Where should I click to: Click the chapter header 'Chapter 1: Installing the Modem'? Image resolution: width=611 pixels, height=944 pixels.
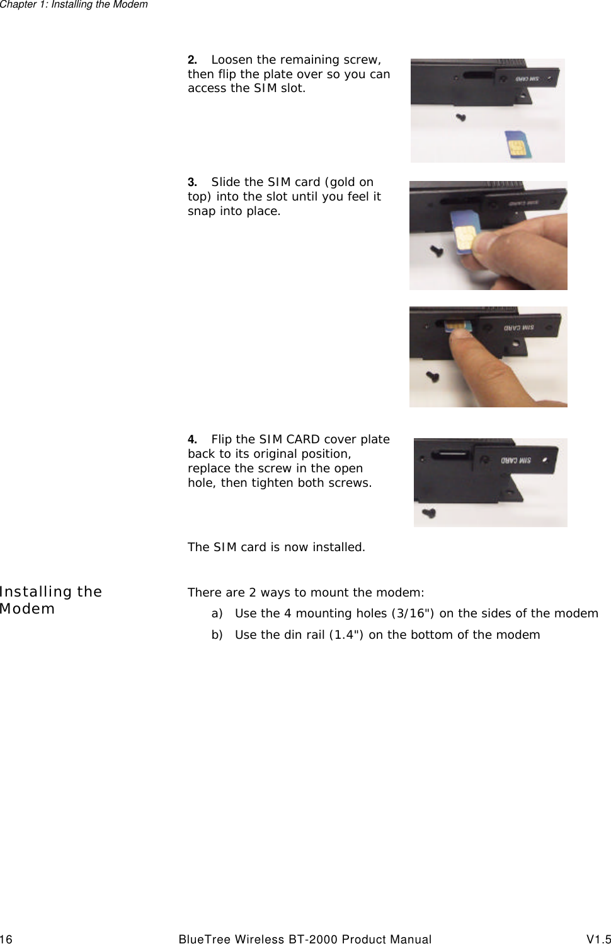(x=74, y=5)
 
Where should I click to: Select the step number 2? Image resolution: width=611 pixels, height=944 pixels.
(x=191, y=60)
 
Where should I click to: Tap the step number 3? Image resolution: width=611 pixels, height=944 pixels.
(x=191, y=182)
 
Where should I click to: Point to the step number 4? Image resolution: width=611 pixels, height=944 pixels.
(x=191, y=440)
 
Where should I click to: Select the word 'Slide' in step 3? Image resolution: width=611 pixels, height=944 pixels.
(x=226, y=182)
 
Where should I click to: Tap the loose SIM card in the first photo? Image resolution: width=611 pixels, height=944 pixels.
(x=517, y=144)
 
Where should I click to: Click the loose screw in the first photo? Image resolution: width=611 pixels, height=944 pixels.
(x=461, y=117)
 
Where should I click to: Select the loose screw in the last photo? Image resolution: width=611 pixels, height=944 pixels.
(x=430, y=513)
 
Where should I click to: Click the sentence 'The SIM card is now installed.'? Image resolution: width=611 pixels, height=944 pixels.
(x=276, y=547)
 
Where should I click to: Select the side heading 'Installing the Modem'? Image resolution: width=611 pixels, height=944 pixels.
(x=50, y=600)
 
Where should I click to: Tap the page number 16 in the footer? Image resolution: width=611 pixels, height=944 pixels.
(x=6, y=940)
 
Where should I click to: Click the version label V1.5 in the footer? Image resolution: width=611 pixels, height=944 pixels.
(x=598, y=940)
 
